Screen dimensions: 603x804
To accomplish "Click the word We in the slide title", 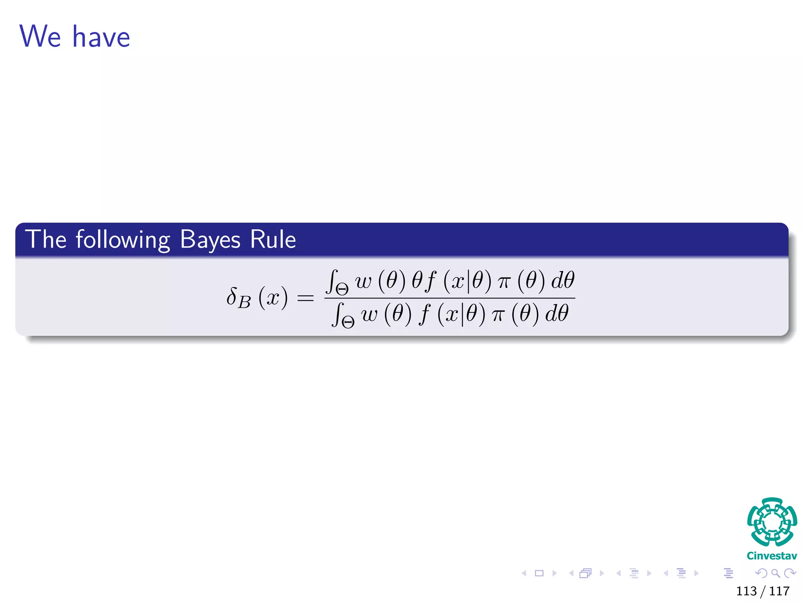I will [x=40, y=37].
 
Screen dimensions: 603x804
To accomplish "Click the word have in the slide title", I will [x=101, y=37].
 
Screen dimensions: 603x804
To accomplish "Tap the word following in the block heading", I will [x=123, y=239].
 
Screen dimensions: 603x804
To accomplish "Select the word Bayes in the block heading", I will [x=210, y=239].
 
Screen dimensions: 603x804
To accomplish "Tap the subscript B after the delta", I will [x=244, y=303].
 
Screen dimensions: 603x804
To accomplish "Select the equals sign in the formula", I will [x=305, y=298].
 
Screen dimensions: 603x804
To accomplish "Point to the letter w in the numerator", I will [x=364, y=281].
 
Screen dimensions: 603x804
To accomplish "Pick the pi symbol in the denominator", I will [x=498, y=315].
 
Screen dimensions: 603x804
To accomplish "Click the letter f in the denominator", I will [x=424, y=315].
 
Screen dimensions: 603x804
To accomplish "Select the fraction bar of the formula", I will [x=450, y=298].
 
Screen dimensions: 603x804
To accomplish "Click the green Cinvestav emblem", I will [x=772, y=522].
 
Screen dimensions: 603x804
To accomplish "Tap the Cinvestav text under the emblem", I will [x=772, y=556].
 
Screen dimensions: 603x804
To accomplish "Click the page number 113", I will [x=746, y=591].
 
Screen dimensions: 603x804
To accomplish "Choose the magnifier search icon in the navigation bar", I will [x=775, y=573].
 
